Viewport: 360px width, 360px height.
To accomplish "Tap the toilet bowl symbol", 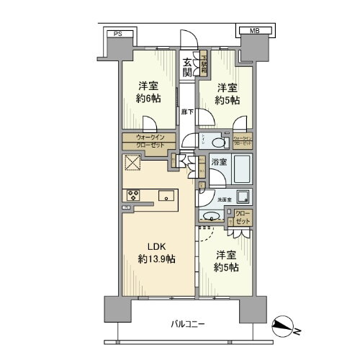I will click(218, 142).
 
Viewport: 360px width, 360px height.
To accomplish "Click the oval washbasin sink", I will click(213, 216).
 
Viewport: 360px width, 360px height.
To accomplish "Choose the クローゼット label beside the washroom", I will click(243, 217).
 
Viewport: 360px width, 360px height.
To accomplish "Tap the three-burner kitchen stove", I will click(134, 194).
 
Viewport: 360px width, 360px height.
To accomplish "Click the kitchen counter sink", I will click(167, 194).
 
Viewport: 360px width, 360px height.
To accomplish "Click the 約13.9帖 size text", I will click(157, 259).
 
